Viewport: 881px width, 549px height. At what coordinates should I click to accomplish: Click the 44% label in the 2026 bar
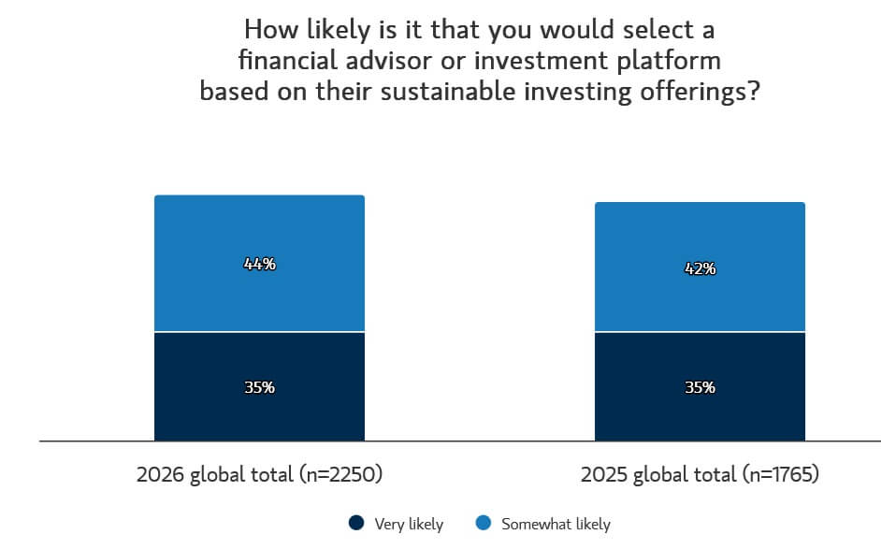260,264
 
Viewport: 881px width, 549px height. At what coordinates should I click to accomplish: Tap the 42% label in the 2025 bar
700,268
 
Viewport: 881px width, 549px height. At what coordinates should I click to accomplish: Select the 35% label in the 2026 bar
260,387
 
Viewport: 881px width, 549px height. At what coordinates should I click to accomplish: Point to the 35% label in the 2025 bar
700,387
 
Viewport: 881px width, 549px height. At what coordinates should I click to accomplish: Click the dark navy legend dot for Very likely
355,524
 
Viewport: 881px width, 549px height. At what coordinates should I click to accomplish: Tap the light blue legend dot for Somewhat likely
483,524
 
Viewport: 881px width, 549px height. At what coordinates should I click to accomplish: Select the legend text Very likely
408,524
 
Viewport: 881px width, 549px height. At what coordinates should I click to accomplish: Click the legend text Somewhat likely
556,524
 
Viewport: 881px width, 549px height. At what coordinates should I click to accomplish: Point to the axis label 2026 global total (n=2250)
260,474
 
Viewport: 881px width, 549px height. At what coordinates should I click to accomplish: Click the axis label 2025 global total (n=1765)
700,474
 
